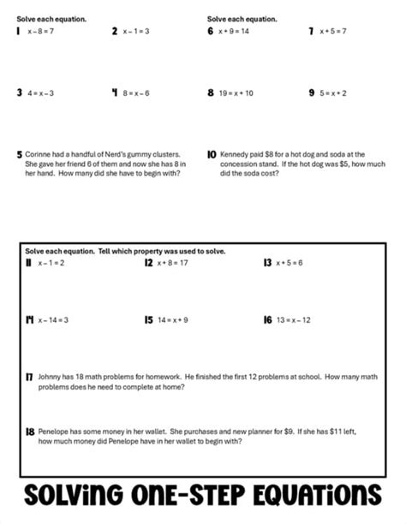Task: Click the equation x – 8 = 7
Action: pos(40,32)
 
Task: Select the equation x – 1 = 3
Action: pos(136,32)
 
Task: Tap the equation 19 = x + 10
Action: pos(236,93)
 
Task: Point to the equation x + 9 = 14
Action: pos(234,32)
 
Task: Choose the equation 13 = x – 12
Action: pos(294,320)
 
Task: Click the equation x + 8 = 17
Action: pos(172,263)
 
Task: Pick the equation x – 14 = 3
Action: pos(53,320)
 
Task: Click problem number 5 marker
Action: pos(20,155)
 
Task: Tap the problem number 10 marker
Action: pos(212,155)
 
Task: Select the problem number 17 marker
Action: pos(29,378)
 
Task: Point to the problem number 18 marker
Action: pos(30,432)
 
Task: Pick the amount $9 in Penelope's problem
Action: pos(289,432)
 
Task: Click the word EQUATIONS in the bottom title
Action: pos(317,495)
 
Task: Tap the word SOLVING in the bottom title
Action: pos(74,495)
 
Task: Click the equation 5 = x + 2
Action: pos(332,93)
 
